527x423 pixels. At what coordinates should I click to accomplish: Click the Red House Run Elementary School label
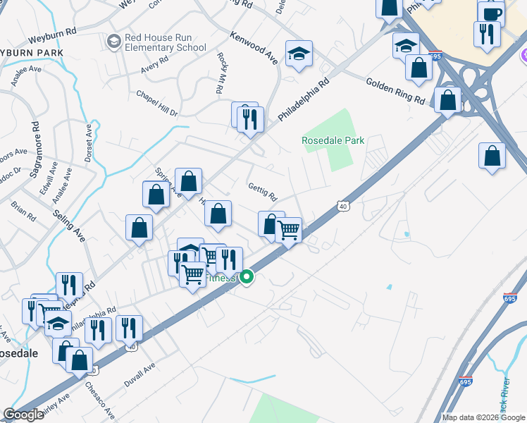(x=165, y=42)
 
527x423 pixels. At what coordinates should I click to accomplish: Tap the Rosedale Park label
(x=333, y=140)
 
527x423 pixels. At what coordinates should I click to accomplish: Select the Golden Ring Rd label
(x=395, y=92)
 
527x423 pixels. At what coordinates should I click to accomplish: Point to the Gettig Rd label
(x=263, y=191)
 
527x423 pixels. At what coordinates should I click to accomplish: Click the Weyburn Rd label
(x=52, y=36)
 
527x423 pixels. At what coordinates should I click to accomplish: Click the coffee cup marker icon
(x=491, y=13)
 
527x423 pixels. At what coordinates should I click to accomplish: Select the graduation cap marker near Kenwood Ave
(x=299, y=54)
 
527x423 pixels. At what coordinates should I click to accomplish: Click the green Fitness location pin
(x=247, y=277)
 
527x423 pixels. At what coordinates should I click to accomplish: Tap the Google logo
(x=23, y=415)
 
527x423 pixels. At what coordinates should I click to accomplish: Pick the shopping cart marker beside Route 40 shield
(x=288, y=230)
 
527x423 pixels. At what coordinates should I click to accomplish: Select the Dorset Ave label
(x=89, y=144)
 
